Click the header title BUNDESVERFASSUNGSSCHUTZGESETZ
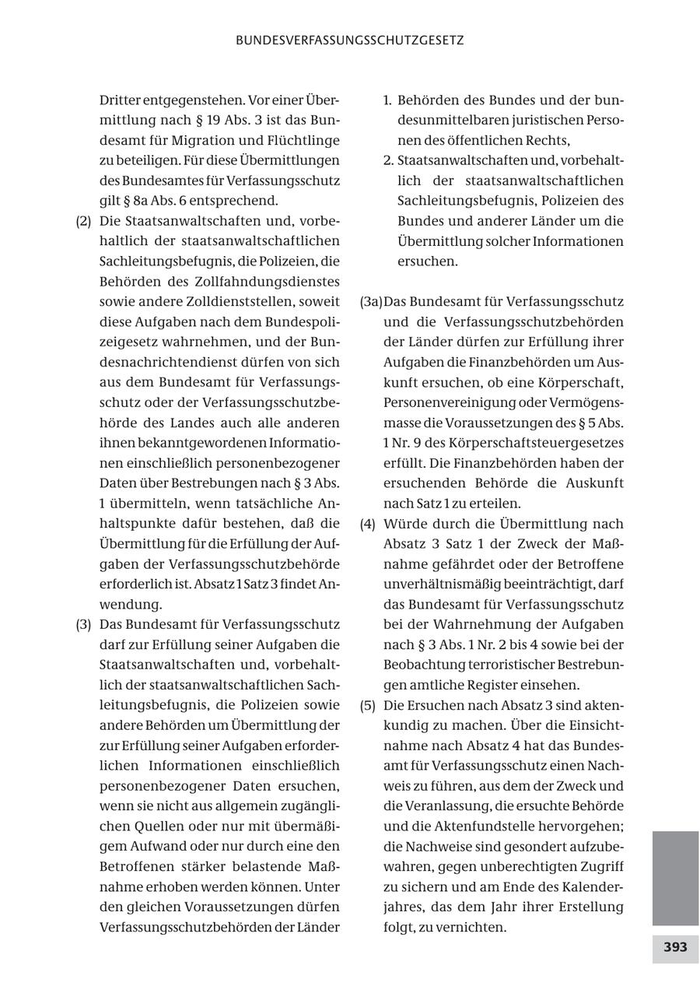coord(350,40)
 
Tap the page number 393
coord(675,948)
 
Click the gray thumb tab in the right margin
coord(675,878)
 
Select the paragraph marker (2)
coord(83,221)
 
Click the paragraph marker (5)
coord(367,706)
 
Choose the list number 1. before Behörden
coord(388,100)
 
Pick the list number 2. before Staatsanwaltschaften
coord(389,161)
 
